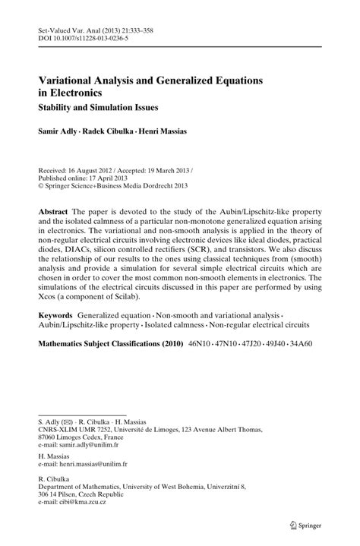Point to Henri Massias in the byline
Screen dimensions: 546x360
(x=156, y=131)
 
